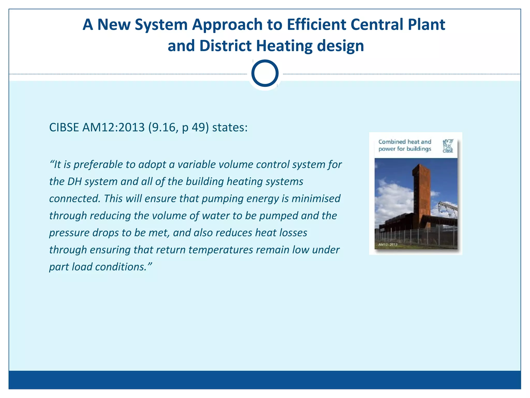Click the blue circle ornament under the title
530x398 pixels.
(265, 73)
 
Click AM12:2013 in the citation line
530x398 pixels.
(113, 127)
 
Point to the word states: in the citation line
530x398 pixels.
(230, 127)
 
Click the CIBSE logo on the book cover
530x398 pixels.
(448, 146)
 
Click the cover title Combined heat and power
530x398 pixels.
(404, 145)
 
